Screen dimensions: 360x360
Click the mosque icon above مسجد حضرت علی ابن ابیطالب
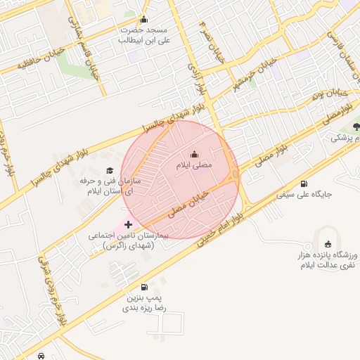click(x=144, y=20)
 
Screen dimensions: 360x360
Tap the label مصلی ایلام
click(x=194, y=165)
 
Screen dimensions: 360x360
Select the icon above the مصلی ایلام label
click(x=194, y=155)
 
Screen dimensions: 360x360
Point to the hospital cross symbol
click(x=128, y=224)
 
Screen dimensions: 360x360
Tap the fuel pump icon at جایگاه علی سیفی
click(x=304, y=184)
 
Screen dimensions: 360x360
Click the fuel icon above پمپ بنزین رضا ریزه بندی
click(x=144, y=287)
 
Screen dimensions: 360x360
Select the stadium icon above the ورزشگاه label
click(x=328, y=243)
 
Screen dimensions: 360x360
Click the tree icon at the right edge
click(x=356, y=127)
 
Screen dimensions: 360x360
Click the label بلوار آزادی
click(x=195, y=73)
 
